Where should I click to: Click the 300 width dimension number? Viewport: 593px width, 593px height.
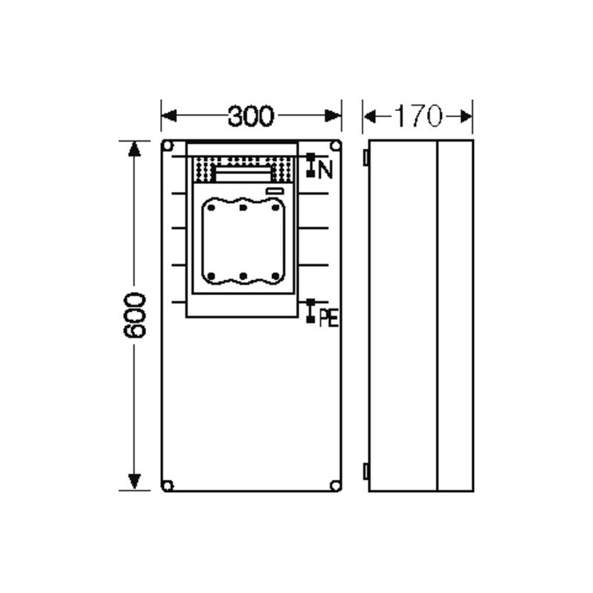point(251,116)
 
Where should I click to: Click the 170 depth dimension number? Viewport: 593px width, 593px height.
point(418,116)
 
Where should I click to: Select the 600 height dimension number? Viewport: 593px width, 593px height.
point(134,315)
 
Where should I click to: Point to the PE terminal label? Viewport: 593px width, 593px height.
point(328,318)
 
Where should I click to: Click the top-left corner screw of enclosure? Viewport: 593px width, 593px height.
point(168,145)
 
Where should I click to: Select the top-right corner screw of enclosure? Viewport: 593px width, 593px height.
point(335,145)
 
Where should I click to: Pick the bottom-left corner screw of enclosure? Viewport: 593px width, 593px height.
point(168,486)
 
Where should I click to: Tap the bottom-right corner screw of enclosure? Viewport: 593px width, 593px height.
point(335,486)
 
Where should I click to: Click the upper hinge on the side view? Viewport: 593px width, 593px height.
point(366,157)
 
